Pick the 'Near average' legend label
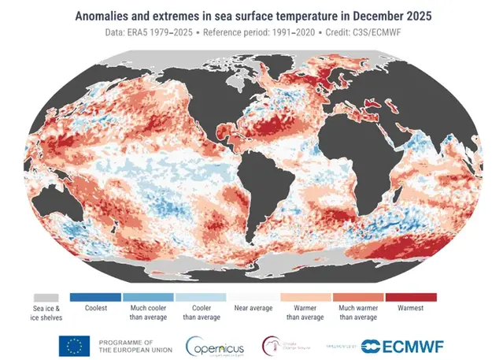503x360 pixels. [253, 308]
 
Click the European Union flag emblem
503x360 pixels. [72, 344]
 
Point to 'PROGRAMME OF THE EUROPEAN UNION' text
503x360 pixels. [129, 345]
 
